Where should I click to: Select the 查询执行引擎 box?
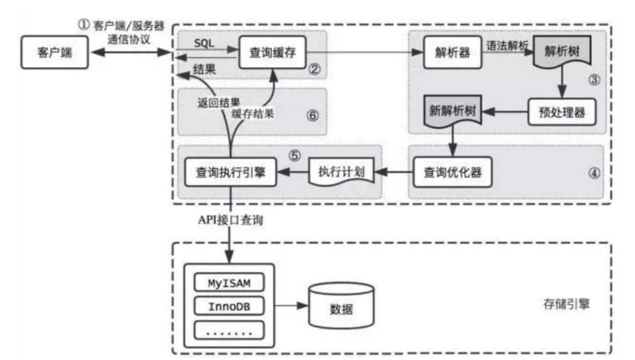(x=230, y=173)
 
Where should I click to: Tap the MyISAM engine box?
(x=229, y=282)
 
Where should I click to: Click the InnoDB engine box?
(x=229, y=306)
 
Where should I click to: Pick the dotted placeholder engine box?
(x=229, y=331)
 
